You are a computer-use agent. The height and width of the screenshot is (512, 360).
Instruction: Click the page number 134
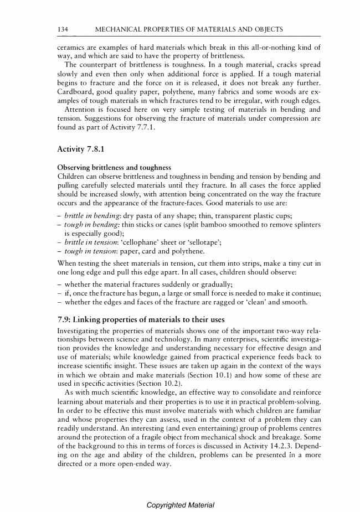pos(63,29)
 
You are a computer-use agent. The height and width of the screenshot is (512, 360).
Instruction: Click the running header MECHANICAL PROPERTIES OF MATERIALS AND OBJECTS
pos(189,29)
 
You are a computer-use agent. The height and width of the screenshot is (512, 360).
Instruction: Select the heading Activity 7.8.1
pos(81,149)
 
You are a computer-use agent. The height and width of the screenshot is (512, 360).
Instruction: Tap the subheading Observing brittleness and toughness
pos(114,168)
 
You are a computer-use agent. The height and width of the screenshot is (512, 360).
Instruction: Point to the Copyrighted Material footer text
pos(180,505)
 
